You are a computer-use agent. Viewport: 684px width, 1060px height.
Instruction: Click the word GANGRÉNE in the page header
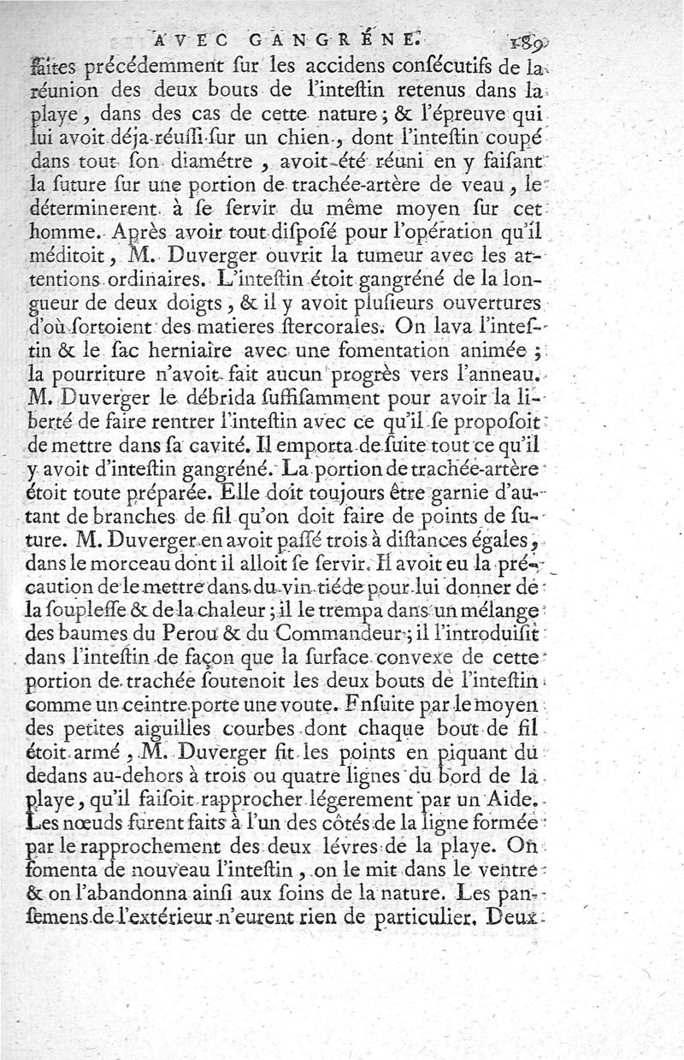[328, 38]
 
